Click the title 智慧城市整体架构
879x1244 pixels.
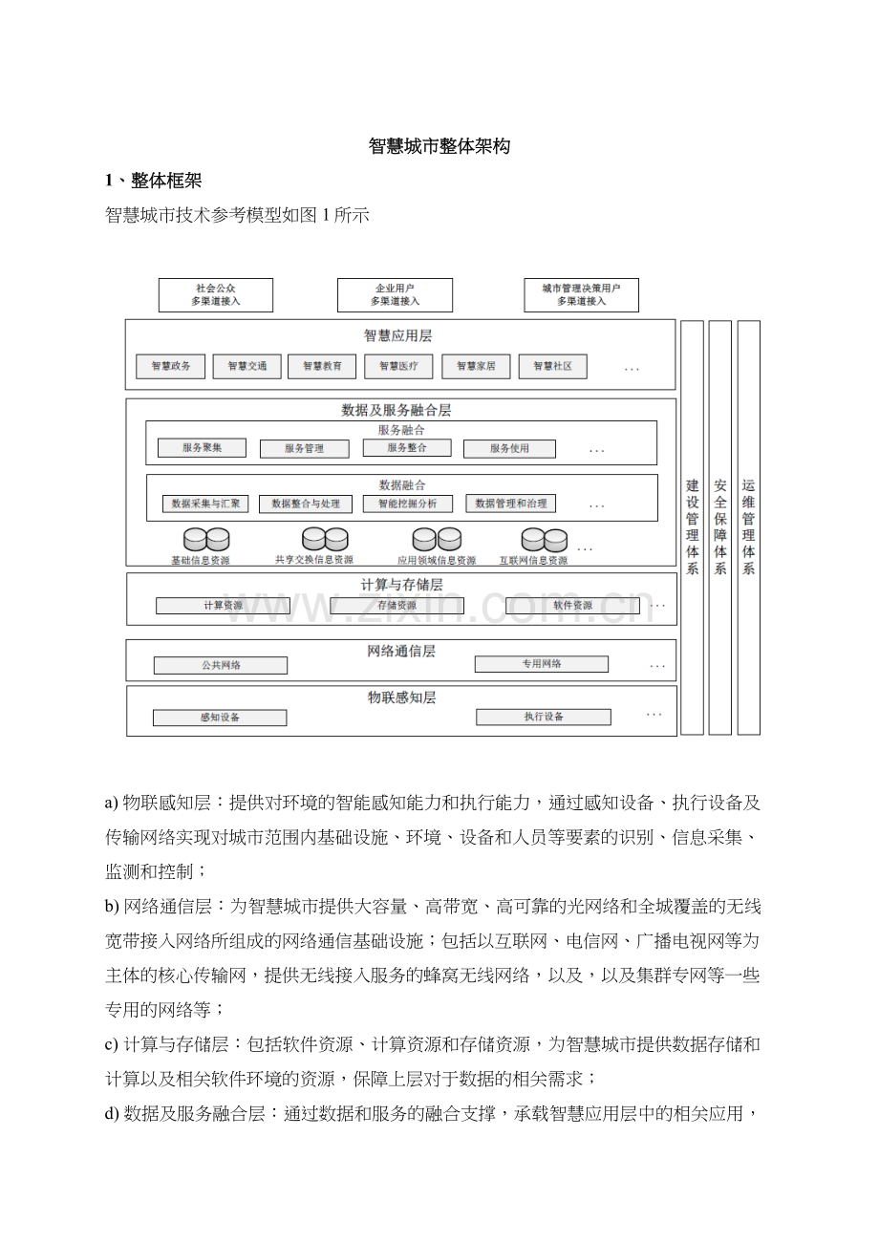[x=439, y=146]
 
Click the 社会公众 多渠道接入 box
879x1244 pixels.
[x=215, y=294]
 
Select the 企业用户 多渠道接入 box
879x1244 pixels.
[x=395, y=294]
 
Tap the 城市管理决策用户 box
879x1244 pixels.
[x=581, y=294]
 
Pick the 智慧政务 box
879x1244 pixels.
[x=171, y=366]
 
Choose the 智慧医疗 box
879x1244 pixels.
[x=398, y=366]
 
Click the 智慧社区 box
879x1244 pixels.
[x=552, y=366]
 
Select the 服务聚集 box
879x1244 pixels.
[x=202, y=447]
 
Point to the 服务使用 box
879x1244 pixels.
[x=509, y=448]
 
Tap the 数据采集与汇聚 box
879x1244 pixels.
[x=205, y=504]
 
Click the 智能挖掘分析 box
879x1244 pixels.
[x=408, y=504]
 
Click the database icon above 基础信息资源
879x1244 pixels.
[x=206, y=540]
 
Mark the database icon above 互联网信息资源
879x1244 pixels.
[x=544, y=541]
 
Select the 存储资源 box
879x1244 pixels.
[x=397, y=606]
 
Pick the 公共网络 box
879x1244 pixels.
[x=221, y=665]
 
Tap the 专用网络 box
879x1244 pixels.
[x=542, y=664]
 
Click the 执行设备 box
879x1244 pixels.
[x=544, y=717]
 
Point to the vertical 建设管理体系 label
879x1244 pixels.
[x=692, y=526]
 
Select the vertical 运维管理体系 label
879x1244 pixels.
[x=749, y=526]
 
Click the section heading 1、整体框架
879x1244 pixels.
[x=153, y=181]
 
